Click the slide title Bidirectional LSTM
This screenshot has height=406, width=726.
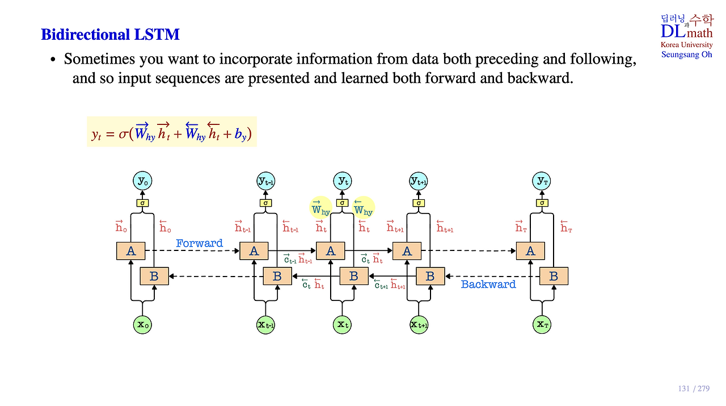[110, 35]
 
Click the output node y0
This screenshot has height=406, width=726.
[142, 181]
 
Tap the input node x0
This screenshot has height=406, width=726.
[142, 325]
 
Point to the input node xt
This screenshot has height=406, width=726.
[342, 325]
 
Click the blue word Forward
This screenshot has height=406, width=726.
[199, 244]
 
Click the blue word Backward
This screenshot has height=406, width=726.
[488, 284]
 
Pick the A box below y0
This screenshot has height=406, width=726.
[130, 251]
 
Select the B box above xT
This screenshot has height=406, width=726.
[554, 277]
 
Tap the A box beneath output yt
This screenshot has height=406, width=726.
[331, 251]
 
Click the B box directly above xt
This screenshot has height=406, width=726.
[354, 277]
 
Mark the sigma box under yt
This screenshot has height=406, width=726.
[342, 203]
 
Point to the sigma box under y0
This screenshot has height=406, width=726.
[142, 203]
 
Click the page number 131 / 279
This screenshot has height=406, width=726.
[694, 389]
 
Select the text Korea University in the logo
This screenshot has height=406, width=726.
[686, 45]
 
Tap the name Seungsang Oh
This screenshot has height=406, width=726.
[686, 55]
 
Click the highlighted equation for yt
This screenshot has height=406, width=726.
[171, 132]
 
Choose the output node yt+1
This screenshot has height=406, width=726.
[419, 181]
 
